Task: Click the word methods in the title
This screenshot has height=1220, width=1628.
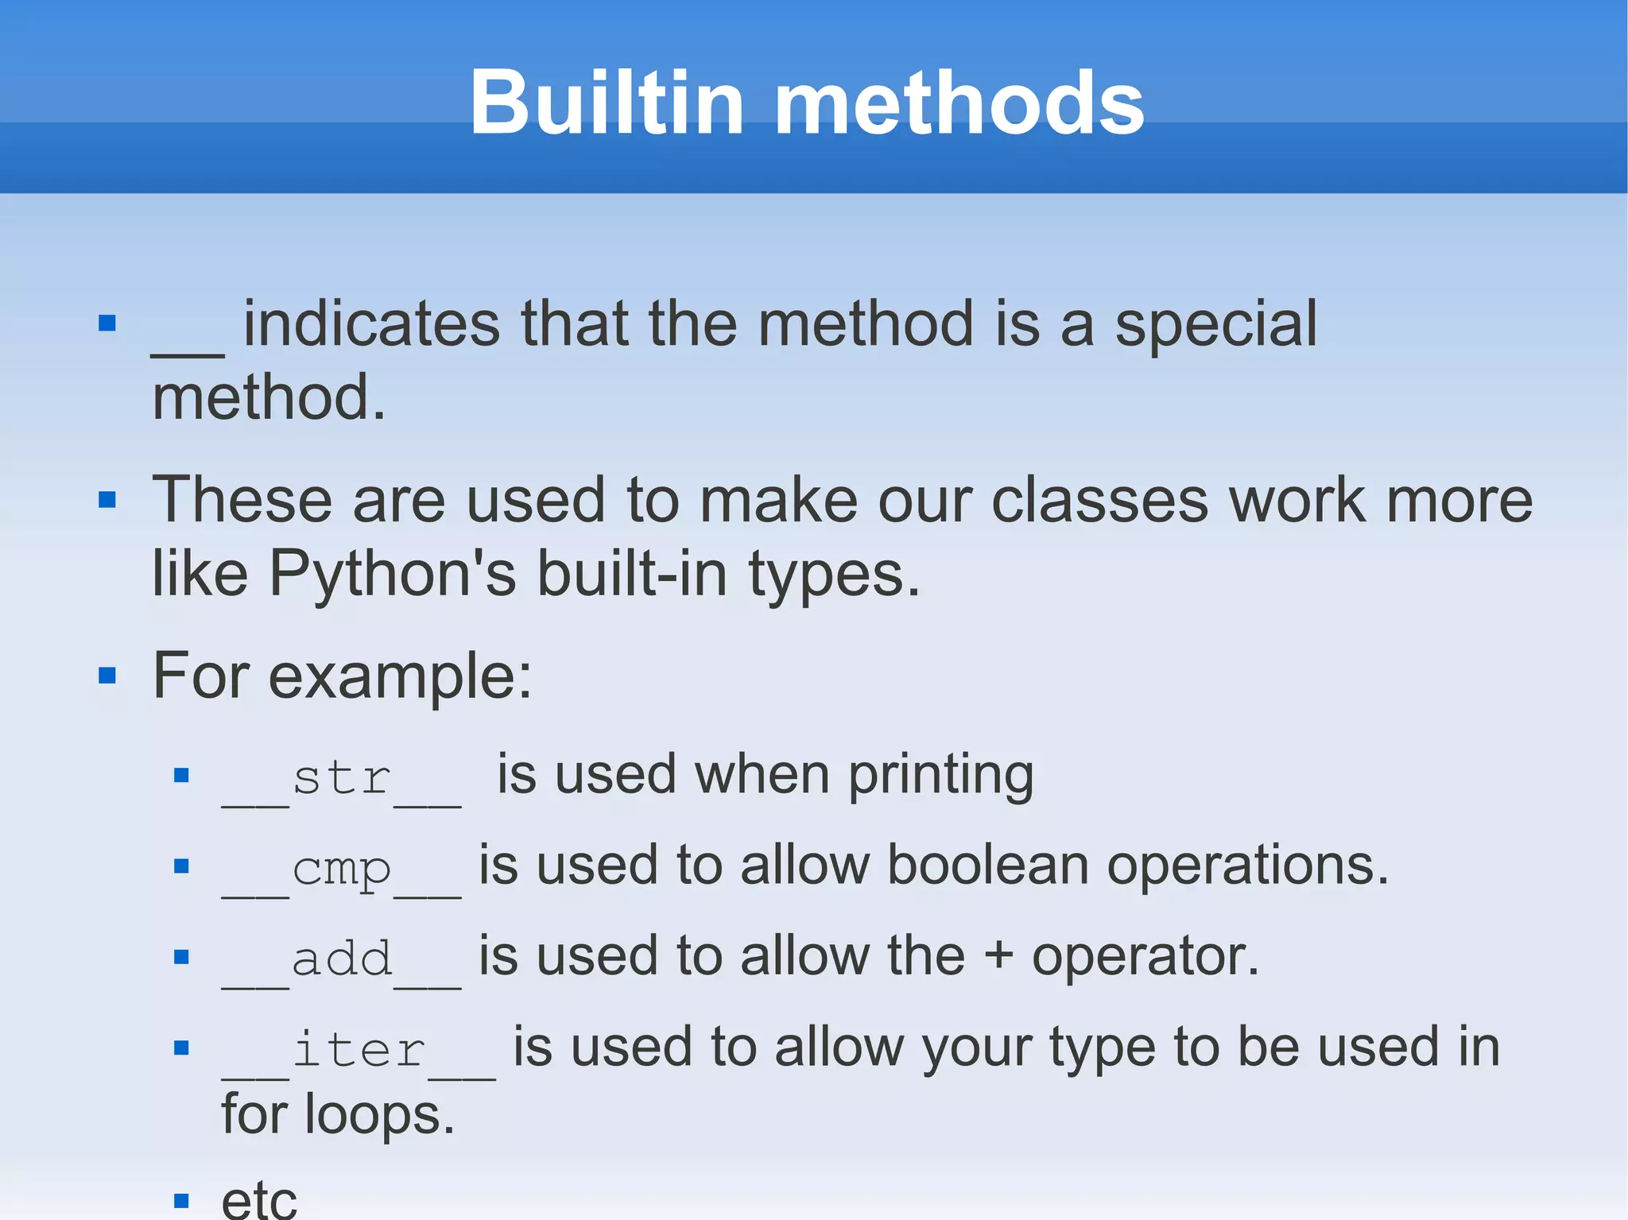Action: click(x=959, y=103)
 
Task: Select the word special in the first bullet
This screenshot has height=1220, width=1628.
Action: click(x=1215, y=325)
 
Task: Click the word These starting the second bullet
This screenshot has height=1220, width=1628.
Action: click(x=242, y=500)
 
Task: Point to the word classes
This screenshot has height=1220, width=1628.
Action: click(x=1099, y=501)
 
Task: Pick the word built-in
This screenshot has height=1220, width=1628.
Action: click(x=632, y=574)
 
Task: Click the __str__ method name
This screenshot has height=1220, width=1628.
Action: click(x=341, y=778)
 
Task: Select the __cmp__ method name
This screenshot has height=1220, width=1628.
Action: click(x=341, y=869)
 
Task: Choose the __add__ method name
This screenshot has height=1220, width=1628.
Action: click(x=341, y=959)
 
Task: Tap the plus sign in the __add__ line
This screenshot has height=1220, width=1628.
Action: click(x=998, y=957)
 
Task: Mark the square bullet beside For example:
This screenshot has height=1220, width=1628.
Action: click(x=107, y=676)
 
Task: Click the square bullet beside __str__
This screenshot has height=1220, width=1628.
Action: click(x=181, y=775)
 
